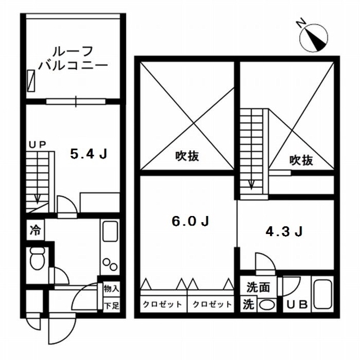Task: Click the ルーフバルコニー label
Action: click(x=73, y=57)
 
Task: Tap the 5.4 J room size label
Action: click(x=88, y=154)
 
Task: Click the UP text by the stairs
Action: click(x=38, y=145)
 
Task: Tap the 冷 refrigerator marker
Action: click(x=35, y=230)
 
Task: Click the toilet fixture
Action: click(x=38, y=260)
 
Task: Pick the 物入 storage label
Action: click(x=111, y=289)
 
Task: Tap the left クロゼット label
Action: click(x=163, y=305)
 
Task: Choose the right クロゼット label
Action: click(x=212, y=305)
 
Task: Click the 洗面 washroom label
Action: click(x=258, y=287)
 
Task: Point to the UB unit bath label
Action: click(x=298, y=305)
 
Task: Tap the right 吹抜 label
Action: click(x=301, y=160)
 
